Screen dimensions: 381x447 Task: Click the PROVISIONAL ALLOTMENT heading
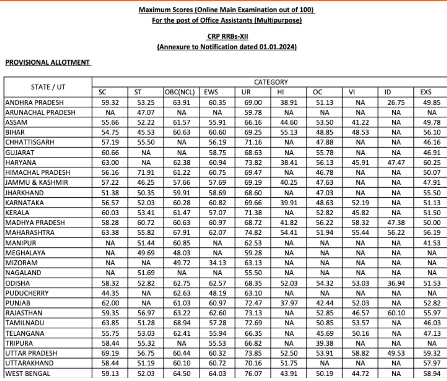tap(47, 62)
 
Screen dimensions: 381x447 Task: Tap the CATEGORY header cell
tap(271, 82)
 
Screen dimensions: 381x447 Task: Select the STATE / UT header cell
tap(48, 87)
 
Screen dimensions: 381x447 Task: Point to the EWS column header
tap(211, 92)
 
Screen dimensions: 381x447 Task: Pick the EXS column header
tap(426, 92)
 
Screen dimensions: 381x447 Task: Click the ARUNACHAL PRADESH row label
tap(40, 112)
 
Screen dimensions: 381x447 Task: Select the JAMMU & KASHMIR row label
tap(36, 182)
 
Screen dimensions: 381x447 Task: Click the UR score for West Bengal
tap(253, 373)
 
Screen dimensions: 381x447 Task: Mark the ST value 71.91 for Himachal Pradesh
tap(146, 172)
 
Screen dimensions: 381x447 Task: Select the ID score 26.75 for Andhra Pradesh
tap(396, 102)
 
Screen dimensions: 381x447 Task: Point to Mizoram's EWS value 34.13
tap(217, 263)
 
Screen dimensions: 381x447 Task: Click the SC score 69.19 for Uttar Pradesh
tap(110, 353)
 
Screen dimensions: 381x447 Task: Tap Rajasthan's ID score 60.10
tap(396, 313)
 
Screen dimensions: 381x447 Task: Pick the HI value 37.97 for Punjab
tap(289, 303)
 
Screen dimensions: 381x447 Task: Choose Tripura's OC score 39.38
tap(325, 343)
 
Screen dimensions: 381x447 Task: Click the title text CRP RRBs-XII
tap(227, 36)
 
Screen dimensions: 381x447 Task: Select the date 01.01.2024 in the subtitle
tap(277, 47)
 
